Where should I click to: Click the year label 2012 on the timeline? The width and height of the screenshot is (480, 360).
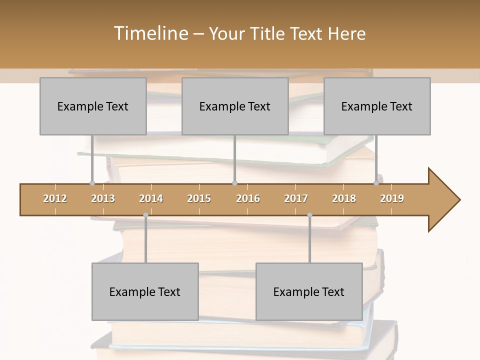pos(55,198)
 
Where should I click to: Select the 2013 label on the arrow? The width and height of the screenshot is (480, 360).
pos(103,198)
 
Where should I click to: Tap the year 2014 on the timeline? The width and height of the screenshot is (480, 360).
pos(151,198)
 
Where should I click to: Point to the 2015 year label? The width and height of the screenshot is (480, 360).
pos(199,198)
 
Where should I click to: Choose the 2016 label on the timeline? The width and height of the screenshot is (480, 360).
pos(248,198)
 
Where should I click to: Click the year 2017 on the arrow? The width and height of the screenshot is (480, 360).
pos(296,198)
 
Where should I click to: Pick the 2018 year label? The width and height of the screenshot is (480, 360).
pos(344,198)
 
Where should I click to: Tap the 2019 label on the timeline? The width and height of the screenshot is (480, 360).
pos(392,198)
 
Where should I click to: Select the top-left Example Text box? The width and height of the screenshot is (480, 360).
pos(93,106)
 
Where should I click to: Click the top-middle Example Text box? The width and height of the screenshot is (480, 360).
pos(235,106)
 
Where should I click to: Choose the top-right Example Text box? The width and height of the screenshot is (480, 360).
pos(377,106)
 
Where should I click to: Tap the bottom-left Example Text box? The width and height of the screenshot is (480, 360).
pos(145,291)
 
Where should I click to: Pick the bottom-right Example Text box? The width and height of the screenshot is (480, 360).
pos(309,291)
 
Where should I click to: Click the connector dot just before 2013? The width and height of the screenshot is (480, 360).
pos(92,183)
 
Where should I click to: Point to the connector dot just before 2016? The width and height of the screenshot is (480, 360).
pos(234,183)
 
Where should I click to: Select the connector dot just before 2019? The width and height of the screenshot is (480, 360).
pos(376,183)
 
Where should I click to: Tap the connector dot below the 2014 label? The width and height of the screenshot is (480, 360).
pos(145,215)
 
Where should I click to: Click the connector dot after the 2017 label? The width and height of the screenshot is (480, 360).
pos(309,215)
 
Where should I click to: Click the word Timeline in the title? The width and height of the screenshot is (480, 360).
pos(150,33)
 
